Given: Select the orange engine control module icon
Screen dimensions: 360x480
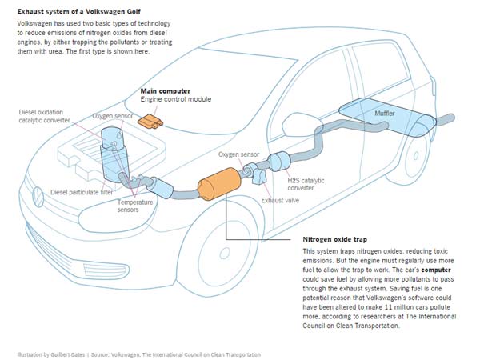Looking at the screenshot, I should tap(149, 121).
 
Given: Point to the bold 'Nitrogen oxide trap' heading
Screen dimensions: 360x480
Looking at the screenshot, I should tap(339, 239).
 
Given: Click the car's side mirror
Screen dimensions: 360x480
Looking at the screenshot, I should tap(257, 127).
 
